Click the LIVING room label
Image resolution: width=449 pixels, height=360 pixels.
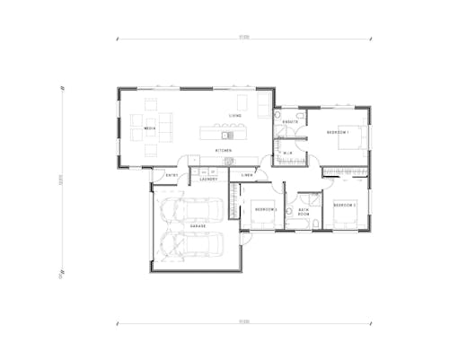[x=234, y=117]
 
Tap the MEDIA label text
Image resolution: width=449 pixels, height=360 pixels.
[x=150, y=129]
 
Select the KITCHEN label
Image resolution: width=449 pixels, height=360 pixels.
[x=224, y=150]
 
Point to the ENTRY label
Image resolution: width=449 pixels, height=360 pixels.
[x=172, y=175]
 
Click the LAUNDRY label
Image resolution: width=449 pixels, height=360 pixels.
[x=209, y=179]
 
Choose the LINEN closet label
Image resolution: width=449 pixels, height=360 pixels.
[x=247, y=174]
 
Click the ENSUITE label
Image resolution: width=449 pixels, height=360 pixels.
[x=290, y=121]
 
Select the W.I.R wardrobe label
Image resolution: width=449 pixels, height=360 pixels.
[x=289, y=154]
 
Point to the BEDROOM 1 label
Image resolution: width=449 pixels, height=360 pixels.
[x=338, y=132]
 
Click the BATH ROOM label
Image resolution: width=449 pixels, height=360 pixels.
[x=304, y=214]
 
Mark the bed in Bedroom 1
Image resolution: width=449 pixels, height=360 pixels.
[x=355, y=136]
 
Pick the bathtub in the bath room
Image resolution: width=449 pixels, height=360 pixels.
[x=293, y=213]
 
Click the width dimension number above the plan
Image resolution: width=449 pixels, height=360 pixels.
[x=243, y=37]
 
